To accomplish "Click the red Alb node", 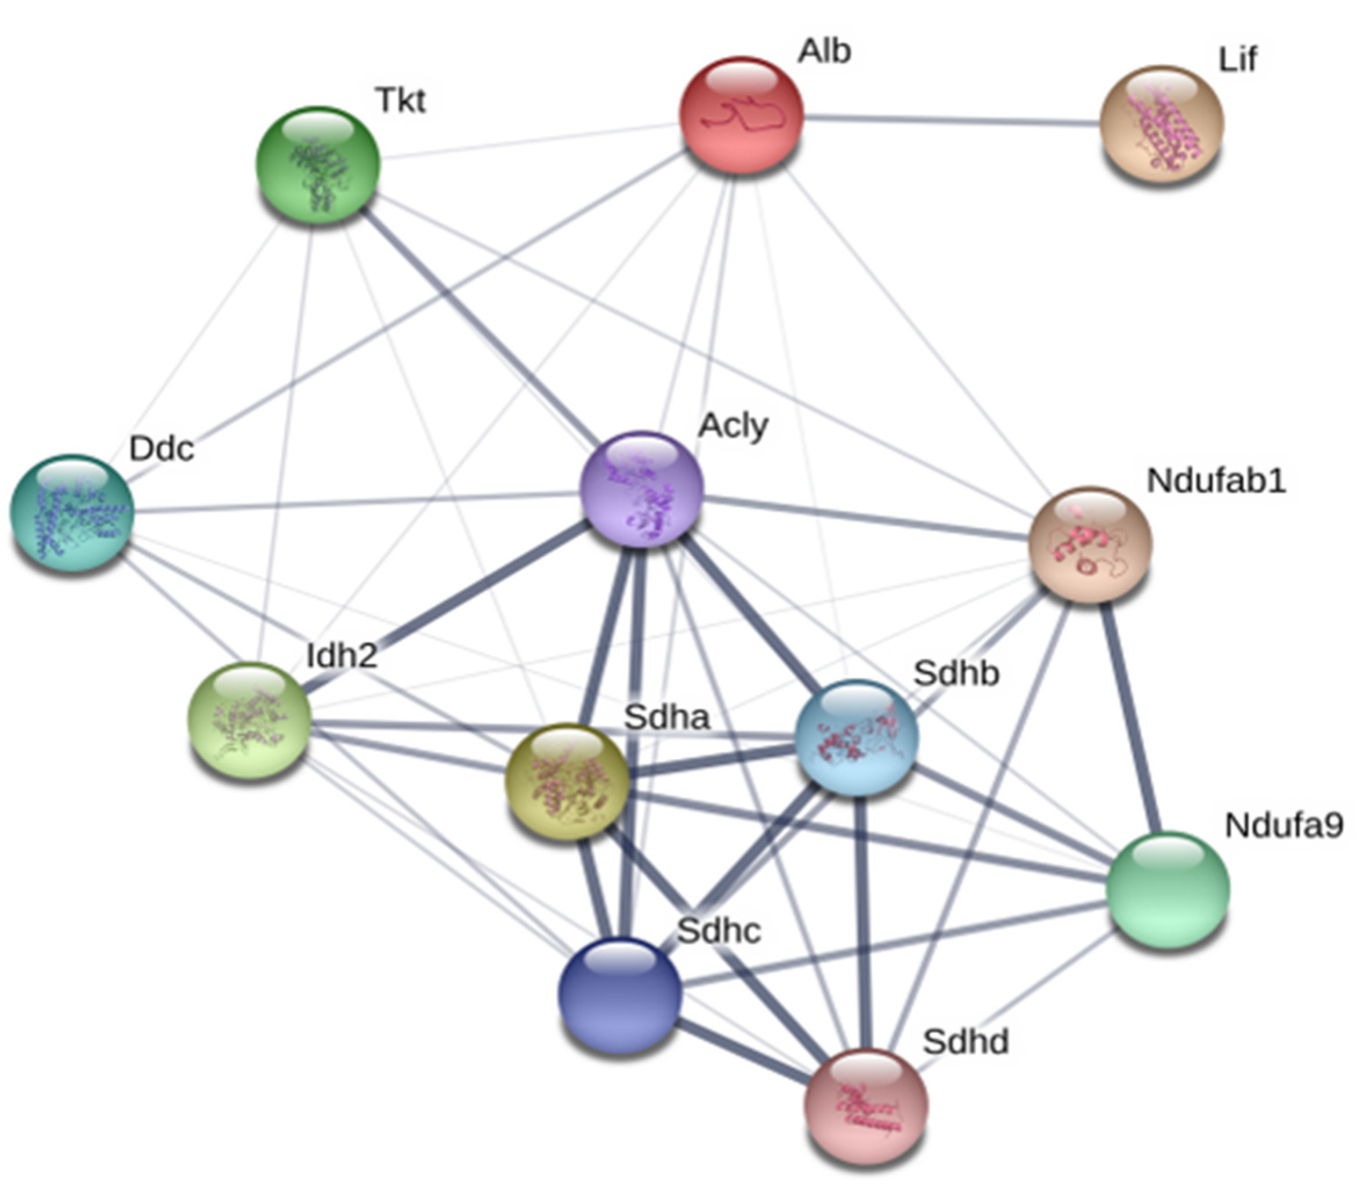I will (x=741, y=115).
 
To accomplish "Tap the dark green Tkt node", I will (x=318, y=165).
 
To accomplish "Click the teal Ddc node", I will (x=71, y=513).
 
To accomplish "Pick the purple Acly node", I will (x=641, y=489).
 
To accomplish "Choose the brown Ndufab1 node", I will (x=1090, y=545).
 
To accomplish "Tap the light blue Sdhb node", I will (x=858, y=737).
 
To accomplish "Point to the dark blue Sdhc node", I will (x=619, y=994).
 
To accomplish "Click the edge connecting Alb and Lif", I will (x=951, y=120).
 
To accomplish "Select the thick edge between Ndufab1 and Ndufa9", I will (x=1129, y=717).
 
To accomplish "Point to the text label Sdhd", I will (x=965, y=1042).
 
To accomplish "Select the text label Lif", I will (x=1238, y=60).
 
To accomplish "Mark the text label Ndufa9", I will (x=1283, y=825).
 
